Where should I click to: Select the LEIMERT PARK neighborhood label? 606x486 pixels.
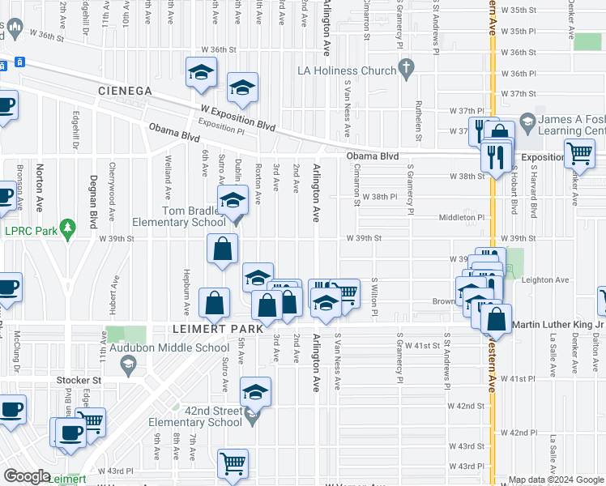click(x=218, y=330)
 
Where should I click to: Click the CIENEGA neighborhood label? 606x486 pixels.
click(x=124, y=91)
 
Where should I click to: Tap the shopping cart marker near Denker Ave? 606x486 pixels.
click(x=580, y=153)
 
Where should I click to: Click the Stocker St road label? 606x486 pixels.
click(x=78, y=379)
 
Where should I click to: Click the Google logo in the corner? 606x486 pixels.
click(x=27, y=476)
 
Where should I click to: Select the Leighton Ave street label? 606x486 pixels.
click(x=548, y=279)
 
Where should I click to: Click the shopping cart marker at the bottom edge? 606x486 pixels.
click(x=233, y=464)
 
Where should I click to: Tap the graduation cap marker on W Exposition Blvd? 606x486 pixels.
click(x=242, y=90)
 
